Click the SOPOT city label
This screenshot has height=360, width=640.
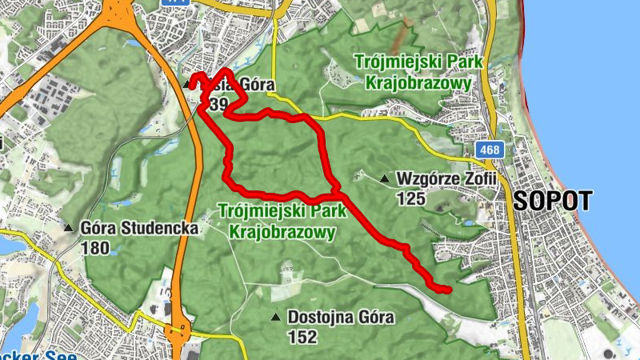pyautogui.click(x=553, y=200)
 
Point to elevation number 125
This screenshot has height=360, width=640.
pyautogui.click(x=410, y=198)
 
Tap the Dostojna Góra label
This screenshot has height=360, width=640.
pyautogui.click(x=341, y=318)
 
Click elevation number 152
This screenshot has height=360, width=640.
pyautogui.click(x=302, y=337)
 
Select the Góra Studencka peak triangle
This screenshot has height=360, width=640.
pyautogui.click(x=70, y=228)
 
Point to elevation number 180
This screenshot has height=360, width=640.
pyautogui.click(x=95, y=247)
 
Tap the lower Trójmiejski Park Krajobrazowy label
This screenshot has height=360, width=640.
pyautogui.click(x=281, y=222)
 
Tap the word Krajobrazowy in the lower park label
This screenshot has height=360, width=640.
pyautogui.click(x=281, y=231)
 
